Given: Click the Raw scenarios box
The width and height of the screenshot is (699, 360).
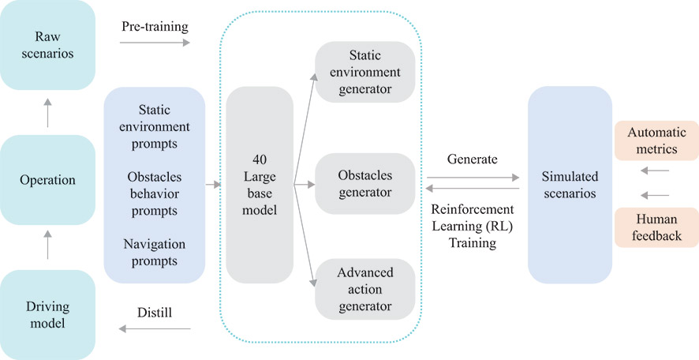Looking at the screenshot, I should point(47,45).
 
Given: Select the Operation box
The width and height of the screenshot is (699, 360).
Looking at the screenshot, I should point(47,179).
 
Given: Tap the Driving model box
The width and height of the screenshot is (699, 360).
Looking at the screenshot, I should point(47,314).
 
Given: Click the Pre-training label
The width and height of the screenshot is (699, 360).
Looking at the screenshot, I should point(155,27).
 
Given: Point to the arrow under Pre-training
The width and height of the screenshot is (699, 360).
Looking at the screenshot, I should point(155,45).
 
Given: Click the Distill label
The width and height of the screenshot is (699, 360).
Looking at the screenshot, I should point(155,313).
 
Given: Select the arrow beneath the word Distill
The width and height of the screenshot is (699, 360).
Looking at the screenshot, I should point(155,328).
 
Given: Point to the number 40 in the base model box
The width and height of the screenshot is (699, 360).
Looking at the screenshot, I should point(259,159).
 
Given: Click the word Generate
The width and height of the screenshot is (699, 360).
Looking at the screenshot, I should point(472,159).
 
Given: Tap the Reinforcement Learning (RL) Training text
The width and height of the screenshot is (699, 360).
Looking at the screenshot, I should point(472,227).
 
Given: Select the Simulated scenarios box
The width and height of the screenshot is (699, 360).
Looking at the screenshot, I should point(569,185).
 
